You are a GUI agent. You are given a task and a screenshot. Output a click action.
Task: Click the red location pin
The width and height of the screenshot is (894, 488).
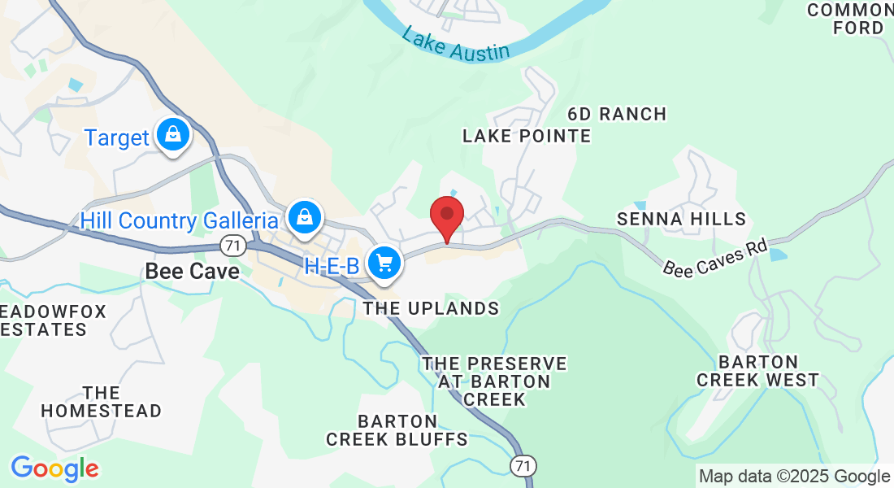click(446, 216)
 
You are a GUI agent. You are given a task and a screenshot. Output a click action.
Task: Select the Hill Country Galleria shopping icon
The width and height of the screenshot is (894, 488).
click(304, 217)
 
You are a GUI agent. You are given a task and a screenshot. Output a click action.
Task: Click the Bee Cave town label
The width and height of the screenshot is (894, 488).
click(193, 271)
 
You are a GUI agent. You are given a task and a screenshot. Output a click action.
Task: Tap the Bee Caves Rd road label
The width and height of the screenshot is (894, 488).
click(715, 257)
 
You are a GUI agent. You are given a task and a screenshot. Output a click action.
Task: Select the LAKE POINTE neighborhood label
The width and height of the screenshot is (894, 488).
click(527, 136)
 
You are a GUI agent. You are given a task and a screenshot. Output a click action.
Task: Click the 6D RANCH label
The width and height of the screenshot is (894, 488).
click(617, 114)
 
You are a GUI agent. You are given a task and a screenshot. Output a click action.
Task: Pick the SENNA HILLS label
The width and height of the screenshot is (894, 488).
click(681, 219)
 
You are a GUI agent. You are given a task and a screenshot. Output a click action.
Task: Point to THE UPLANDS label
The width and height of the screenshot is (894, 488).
click(431, 308)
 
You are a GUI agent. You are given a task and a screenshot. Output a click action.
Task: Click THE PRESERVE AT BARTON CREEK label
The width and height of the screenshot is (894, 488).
click(494, 381)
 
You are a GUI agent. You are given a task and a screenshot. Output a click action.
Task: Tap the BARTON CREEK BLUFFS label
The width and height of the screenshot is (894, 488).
click(397, 430)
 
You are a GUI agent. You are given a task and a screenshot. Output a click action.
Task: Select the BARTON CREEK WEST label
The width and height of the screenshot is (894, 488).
click(757, 371)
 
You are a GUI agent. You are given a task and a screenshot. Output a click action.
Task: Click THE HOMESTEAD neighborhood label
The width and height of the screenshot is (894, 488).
click(102, 402)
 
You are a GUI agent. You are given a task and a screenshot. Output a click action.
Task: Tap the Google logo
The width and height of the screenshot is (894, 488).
click(54, 468)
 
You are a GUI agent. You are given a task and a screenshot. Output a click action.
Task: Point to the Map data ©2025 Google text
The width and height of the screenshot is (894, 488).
click(794, 477)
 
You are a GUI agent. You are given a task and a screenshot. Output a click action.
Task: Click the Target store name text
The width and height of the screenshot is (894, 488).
click(117, 138)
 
